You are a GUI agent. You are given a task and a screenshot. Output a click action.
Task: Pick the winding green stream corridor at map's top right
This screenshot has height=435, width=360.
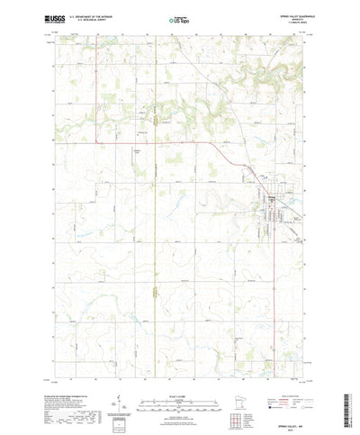(270, 86)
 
